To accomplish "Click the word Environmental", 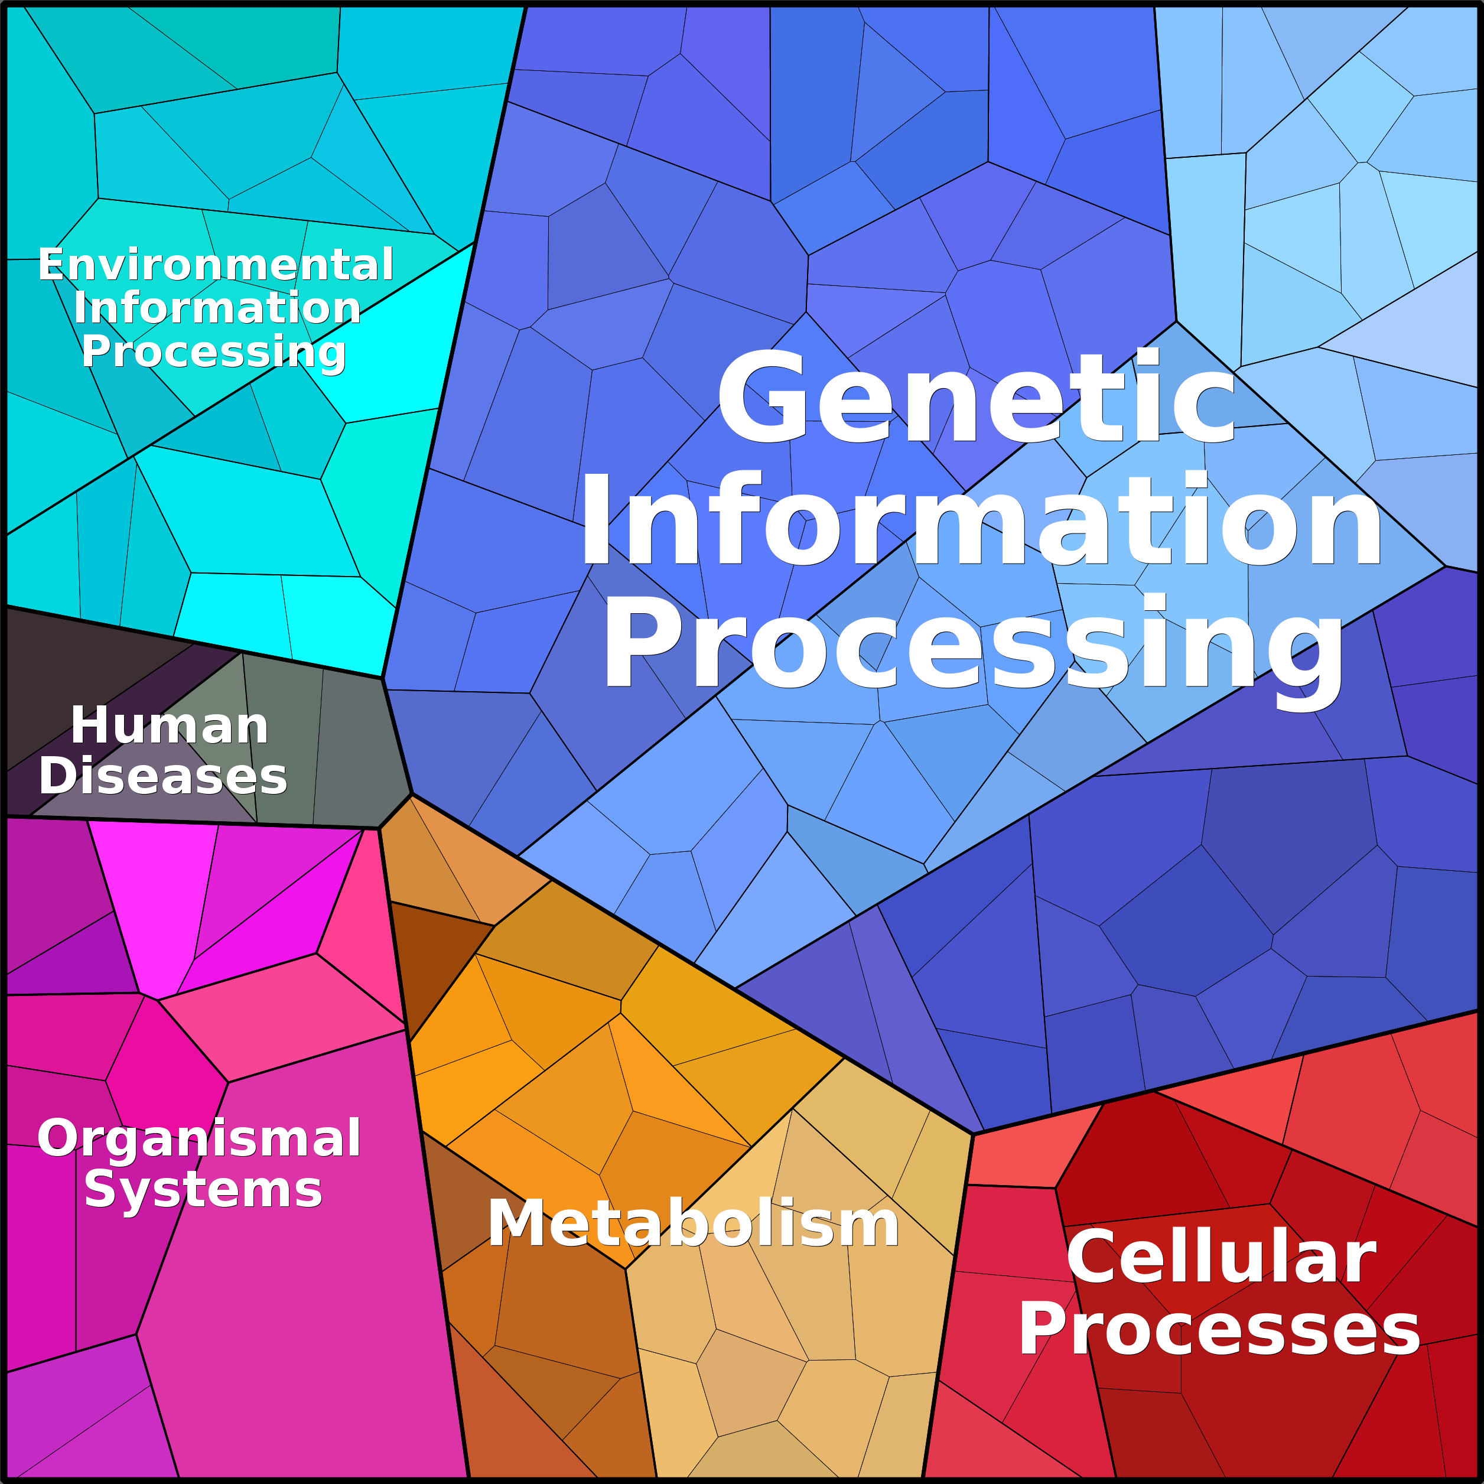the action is [x=216, y=265].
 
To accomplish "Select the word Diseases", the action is [x=163, y=776].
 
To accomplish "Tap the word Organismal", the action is [x=199, y=1139].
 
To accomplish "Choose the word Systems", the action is [x=203, y=1190].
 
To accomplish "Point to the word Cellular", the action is [x=1221, y=1257].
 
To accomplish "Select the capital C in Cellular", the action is [x=1094, y=1257].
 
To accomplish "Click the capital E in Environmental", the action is [x=51, y=265].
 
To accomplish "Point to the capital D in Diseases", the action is [x=58, y=776].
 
